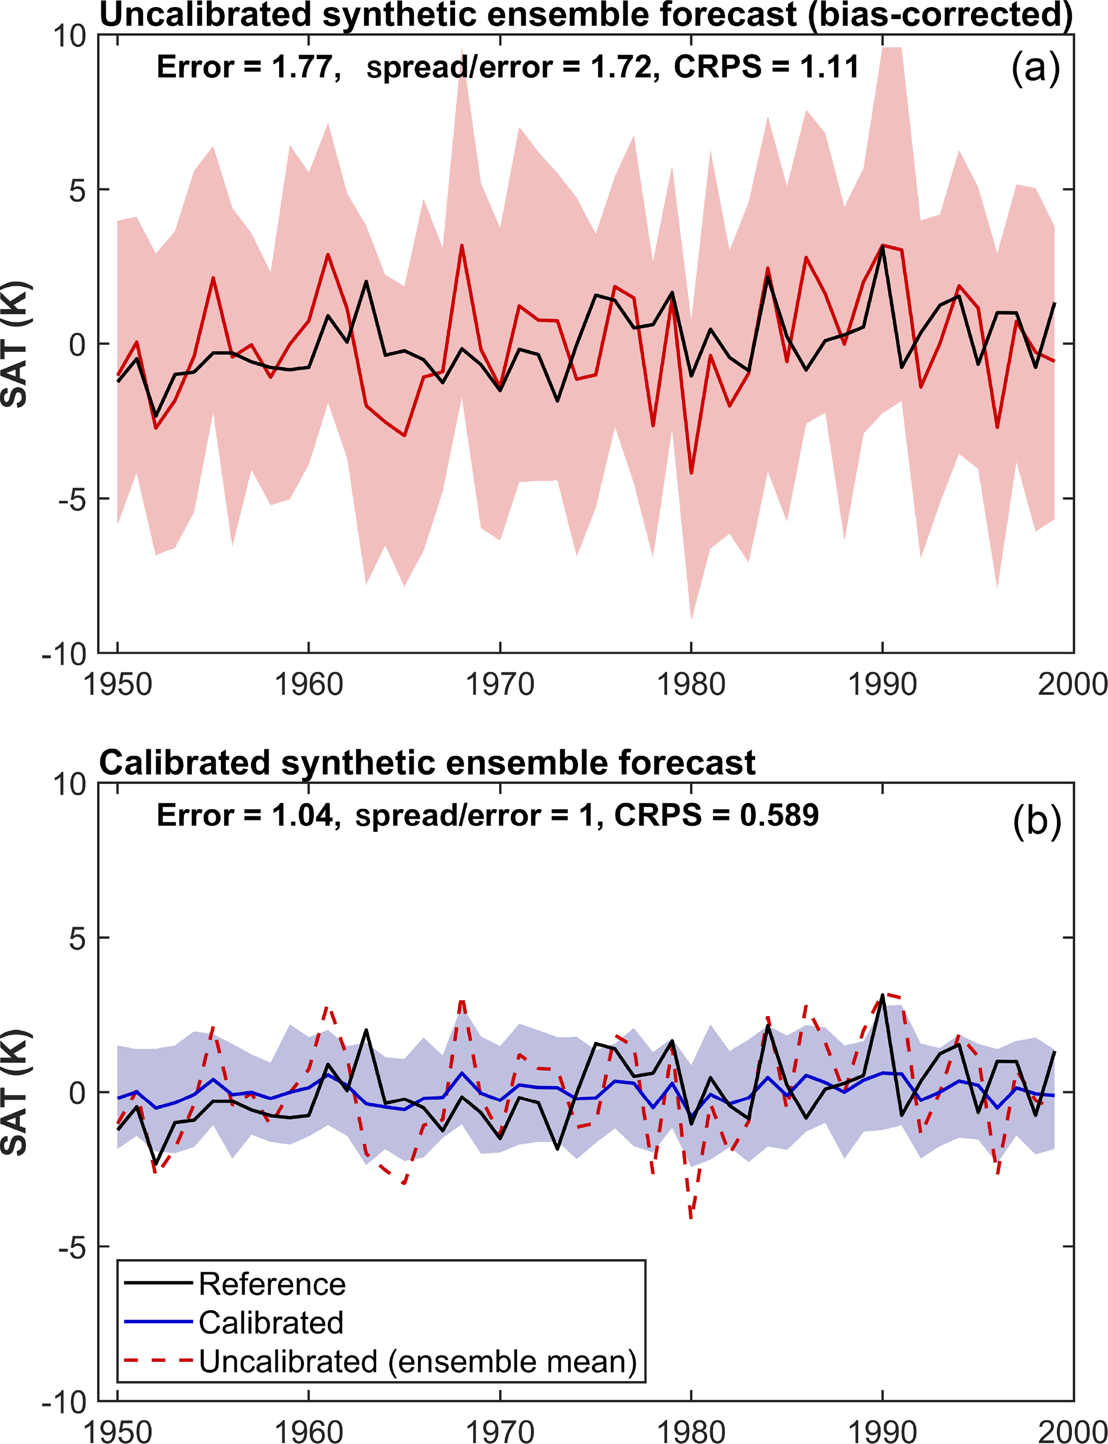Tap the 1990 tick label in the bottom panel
coord(882,1430)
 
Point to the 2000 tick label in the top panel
coord(1071,685)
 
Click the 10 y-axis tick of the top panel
coord(69,36)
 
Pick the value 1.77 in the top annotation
coord(302,67)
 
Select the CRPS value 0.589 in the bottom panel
coord(778,816)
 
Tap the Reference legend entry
coord(272,1284)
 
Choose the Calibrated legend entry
coord(270,1323)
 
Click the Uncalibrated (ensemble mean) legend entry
coord(417,1361)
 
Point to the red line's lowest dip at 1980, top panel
coord(691,472)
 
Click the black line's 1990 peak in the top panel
coord(882,247)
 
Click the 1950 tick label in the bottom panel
coord(117,1430)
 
